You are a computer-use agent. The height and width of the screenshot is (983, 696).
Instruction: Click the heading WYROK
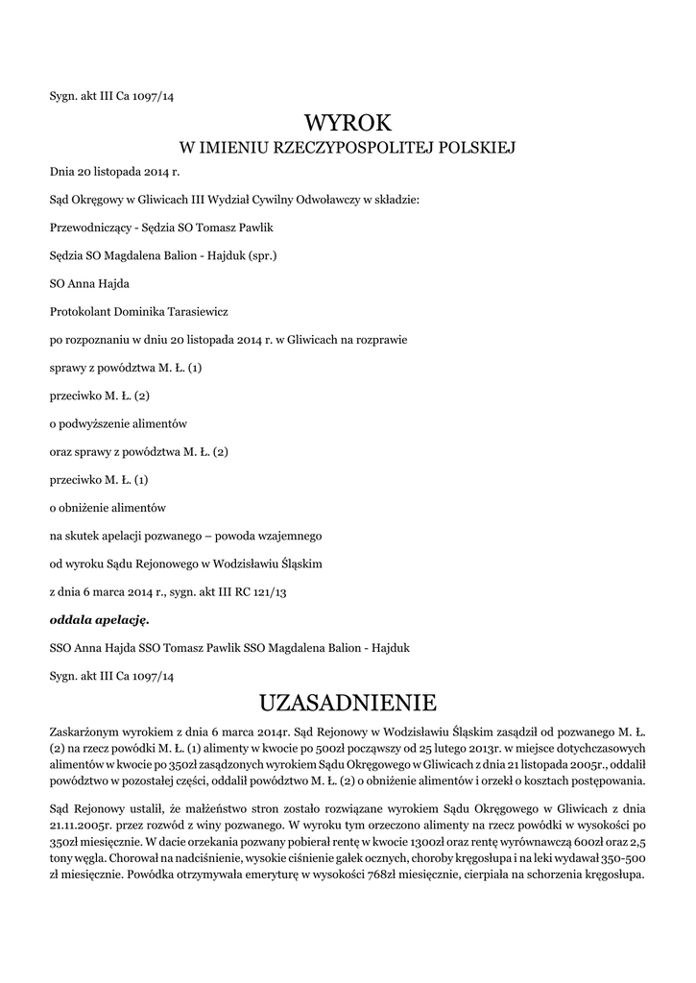tap(348, 123)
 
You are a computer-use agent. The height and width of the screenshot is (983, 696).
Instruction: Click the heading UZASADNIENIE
tap(348, 704)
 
